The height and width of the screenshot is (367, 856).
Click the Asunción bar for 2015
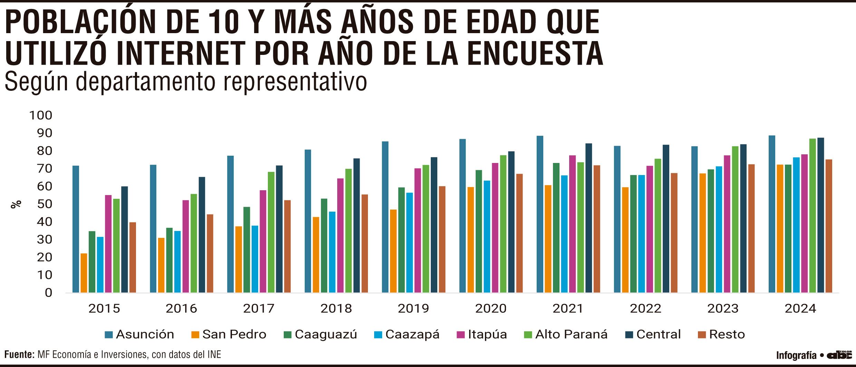[76, 229]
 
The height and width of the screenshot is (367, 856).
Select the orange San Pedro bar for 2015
[84, 273]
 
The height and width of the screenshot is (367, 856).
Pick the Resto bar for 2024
[829, 226]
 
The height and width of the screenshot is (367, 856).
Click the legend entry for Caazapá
[407, 334]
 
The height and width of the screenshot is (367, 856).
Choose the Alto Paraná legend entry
[566, 334]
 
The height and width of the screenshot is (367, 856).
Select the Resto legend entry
[722, 334]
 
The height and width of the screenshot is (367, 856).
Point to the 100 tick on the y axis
[41, 115]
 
